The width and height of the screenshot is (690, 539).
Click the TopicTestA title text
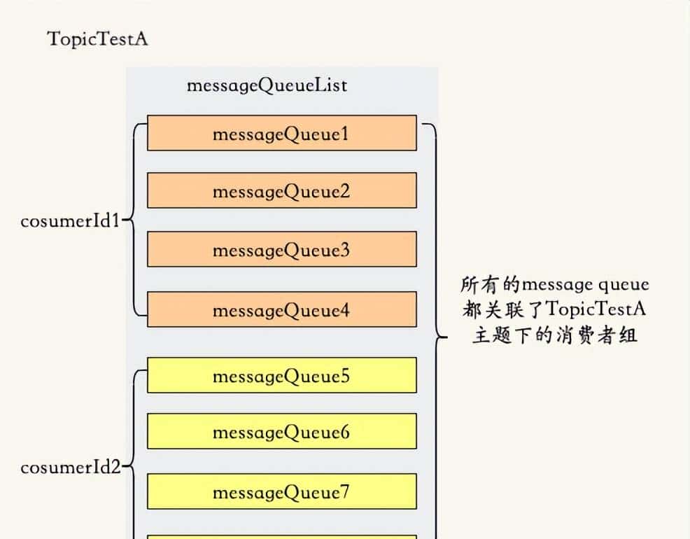97,38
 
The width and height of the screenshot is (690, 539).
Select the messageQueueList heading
267,85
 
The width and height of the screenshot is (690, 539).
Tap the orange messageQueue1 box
281,133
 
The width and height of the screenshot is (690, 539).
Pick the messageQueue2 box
281,191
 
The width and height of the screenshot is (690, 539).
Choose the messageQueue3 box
281,249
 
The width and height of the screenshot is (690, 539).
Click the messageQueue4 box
281,309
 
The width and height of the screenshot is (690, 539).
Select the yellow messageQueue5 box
281,376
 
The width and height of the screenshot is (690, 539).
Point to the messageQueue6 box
281,432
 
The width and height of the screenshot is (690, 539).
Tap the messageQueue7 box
281,492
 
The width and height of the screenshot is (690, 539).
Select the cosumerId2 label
71,467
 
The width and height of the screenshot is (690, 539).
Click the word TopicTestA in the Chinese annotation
594,309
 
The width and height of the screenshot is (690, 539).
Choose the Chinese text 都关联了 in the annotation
503,309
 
